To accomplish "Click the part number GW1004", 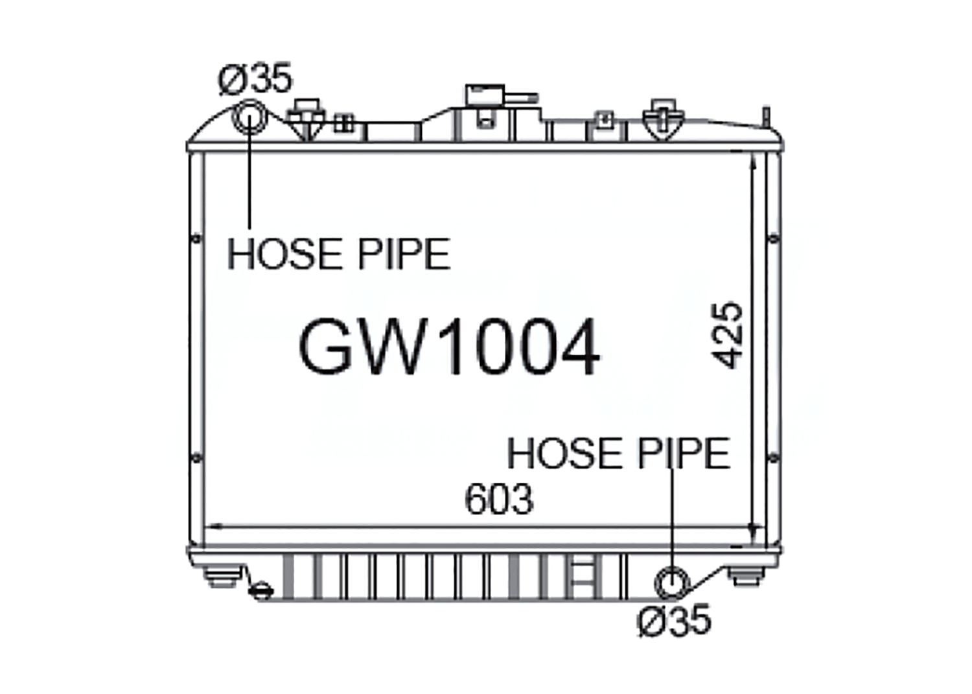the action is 449,347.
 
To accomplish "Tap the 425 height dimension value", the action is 727,336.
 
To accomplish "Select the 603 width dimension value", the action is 498,500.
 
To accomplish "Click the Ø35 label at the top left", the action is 255,78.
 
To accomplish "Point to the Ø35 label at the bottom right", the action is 674,620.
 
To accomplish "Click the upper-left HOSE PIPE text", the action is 339,254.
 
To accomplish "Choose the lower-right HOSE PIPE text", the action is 619,454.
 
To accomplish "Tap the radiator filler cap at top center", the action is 485,96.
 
